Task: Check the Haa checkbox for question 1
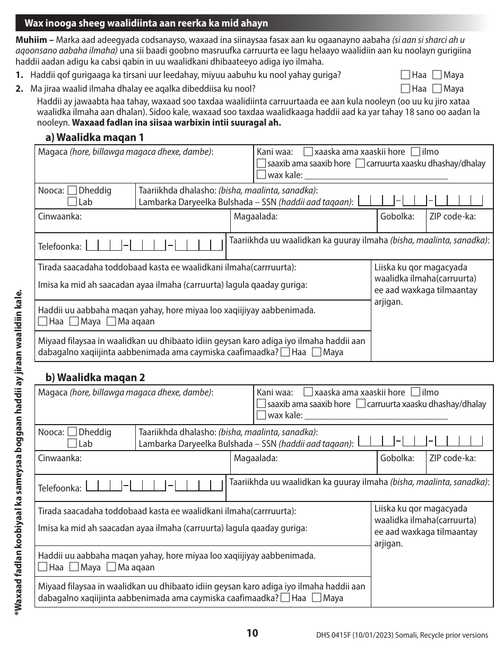(405, 75)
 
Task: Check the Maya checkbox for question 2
(437, 89)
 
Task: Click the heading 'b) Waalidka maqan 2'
(95, 377)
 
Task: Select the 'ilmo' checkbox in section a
(416, 152)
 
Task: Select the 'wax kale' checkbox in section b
(261, 416)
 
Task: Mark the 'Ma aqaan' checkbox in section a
(111, 321)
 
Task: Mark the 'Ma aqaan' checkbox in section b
(111, 567)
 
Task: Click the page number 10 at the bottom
(252, 633)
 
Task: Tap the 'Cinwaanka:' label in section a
(59, 216)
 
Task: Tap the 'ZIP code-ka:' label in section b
(452, 458)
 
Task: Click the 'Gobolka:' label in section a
(397, 216)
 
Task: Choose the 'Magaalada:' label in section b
(256, 458)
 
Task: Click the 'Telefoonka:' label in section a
(60, 246)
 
